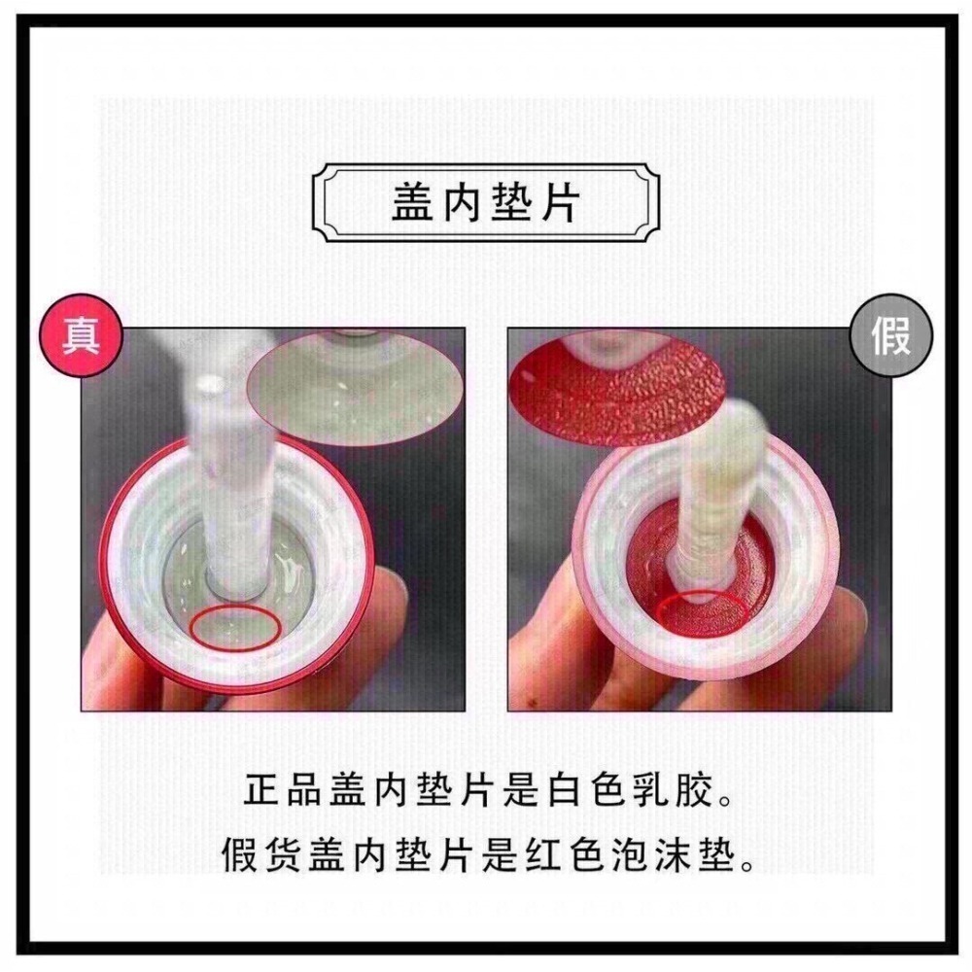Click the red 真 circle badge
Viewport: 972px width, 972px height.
click(82, 335)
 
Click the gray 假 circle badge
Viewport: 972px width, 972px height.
click(890, 335)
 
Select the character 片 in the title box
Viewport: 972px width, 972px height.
click(561, 202)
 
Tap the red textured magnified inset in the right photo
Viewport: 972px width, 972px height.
click(616, 387)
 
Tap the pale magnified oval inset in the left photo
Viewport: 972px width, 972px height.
click(356, 387)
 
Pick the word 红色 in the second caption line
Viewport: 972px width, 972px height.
click(564, 854)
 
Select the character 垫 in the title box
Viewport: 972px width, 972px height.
click(511, 202)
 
